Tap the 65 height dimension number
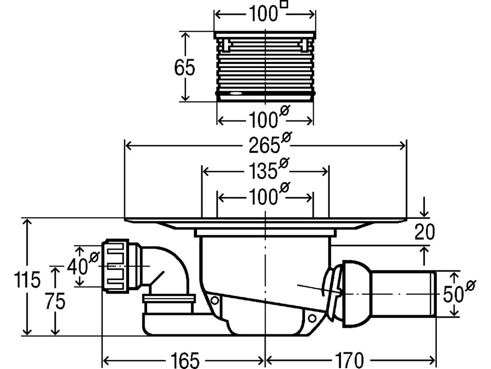(x=184, y=68)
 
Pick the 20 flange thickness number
(x=424, y=232)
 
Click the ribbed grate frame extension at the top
(x=265, y=67)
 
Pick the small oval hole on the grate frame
(x=236, y=94)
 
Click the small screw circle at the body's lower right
(x=312, y=318)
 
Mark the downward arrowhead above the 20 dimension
(x=424, y=213)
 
